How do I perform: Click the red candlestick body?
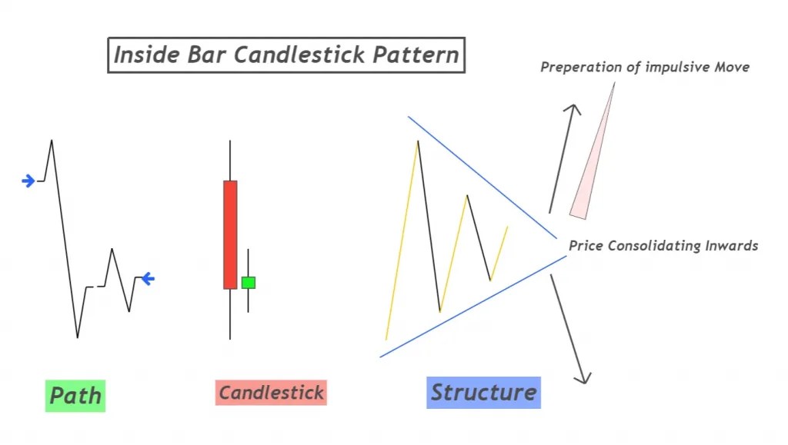point(230,234)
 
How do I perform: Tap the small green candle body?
point(248,283)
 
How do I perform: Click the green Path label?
point(75,396)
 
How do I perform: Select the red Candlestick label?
point(271,393)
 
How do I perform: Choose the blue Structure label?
point(483,392)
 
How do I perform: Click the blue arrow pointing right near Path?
point(28,181)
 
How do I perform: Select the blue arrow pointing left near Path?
point(147,279)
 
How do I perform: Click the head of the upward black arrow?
point(572,108)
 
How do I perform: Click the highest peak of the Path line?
point(52,141)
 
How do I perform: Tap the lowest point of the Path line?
point(77,337)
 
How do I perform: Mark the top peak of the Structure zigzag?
point(418,141)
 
